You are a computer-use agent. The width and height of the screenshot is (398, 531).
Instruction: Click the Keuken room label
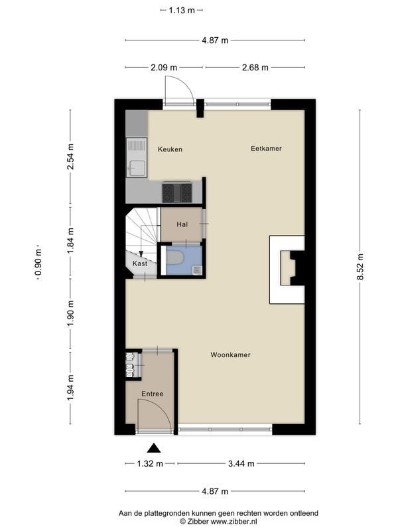point(170,149)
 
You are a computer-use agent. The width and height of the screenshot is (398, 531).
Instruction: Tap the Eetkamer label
point(266,149)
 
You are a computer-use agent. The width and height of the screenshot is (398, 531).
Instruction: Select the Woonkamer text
point(230,355)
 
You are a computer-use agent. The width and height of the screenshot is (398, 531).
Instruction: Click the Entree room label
point(152,394)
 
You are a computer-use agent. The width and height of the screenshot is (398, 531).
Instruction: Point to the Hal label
point(182,224)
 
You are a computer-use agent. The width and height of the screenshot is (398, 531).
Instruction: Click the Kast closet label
point(139,264)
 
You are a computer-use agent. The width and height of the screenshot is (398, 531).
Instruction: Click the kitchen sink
point(137,167)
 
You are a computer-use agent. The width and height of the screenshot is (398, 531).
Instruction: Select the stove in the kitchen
point(177,192)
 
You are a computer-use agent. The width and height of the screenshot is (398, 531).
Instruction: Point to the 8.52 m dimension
point(361,267)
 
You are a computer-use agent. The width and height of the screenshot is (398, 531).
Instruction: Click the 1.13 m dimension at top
point(182,10)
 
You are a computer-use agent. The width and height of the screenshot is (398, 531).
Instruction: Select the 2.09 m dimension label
point(164,67)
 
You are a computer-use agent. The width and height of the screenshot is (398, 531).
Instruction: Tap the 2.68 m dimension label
point(255,67)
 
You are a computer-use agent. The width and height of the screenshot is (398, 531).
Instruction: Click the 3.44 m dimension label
point(241,464)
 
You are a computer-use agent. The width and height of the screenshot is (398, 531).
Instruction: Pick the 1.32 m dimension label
point(150,464)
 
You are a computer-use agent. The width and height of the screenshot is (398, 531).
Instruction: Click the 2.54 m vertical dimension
point(70,157)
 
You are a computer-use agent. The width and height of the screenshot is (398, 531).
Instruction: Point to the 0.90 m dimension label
point(38,263)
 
